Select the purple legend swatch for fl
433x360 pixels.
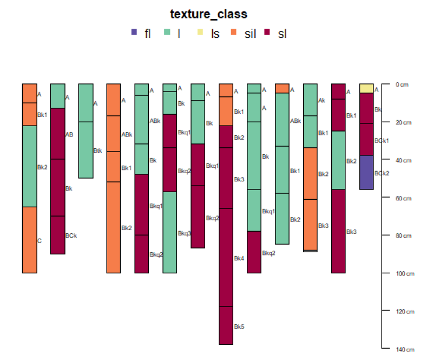pyautogui.click(x=134, y=33)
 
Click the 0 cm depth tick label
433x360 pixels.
pyautogui.click(x=402, y=84)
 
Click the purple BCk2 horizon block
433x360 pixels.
pyautogui.click(x=366, y=172)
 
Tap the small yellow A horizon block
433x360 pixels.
pyautogui.click(x=366, y=88)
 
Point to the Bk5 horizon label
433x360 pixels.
pyautogui.click(x=239, y=327)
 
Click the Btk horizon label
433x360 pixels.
pyautogui.click(x=97, y=151)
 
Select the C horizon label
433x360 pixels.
pyautogui.click(x=40, y=241)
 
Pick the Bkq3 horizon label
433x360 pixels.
pyautogui.click(x=184, y=233)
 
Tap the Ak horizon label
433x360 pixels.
pyautogui.click(x=322, y=101)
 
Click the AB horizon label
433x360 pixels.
pyautogui.click(x=69, y=134)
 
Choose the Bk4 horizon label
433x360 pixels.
pyautogui.click(x=239, y=259)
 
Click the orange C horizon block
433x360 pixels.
pyautogui.click(x=30, y=240)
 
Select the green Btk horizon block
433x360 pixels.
pyautogui.click(x=86, y=149)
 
